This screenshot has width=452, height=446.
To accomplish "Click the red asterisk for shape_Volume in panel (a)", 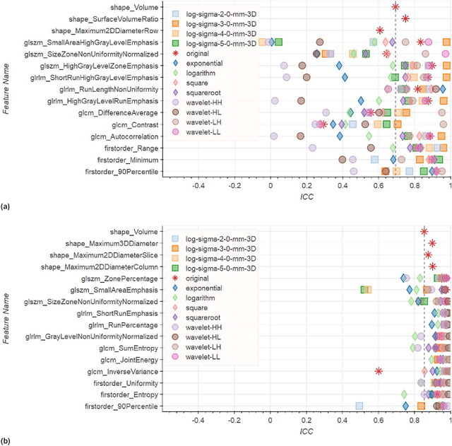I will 395,6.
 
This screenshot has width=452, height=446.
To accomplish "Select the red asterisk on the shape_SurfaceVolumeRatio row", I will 405,18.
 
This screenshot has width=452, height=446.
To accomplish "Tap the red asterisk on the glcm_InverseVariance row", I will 379,391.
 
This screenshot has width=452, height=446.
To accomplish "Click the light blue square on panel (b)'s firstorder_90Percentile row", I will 359,426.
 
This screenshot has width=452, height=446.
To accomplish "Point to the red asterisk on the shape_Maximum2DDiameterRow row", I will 380,30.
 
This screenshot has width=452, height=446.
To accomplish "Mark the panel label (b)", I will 6,442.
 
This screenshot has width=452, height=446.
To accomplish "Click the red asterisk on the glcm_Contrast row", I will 321,124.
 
